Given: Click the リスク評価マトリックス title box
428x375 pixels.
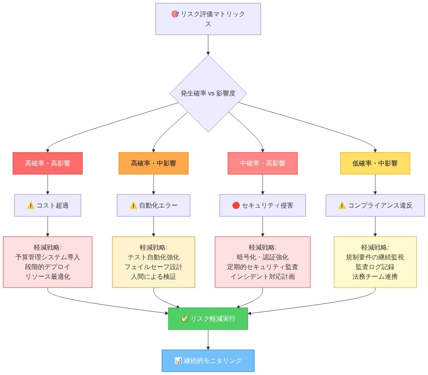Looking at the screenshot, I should pyautogui.click(x=208, y=19).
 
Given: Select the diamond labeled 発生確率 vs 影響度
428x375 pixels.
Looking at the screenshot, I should pyautogui.click(x=208, y=93).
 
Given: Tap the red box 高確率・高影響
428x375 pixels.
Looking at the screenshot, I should pyautogui.click(x=48, y=163).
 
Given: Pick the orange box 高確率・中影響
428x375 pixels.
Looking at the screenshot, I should pyautogui.click(x=154, y=163).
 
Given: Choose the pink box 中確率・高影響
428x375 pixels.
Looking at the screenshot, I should pyautogui.click(x=263, y=163).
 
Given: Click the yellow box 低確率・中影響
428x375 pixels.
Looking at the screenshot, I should pyautogui.click(x=375, y=163).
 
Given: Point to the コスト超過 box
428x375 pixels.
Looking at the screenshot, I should pyautogui.click(x=48, y=206).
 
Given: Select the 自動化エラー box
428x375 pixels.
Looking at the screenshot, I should pyautogui.click(x=154, y=206).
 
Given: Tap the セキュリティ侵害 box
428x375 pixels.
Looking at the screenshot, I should pyautogui.click(x=263, y=206).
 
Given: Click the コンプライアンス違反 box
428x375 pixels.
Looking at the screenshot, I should pyautogui.click(x=375, y=206).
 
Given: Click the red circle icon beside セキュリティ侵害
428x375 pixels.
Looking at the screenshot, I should pyautogui.click(x=236, y=206).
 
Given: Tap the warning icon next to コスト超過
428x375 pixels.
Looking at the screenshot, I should pyautogui.click(x=31, y=206).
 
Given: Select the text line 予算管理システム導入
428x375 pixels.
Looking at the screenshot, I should pyautogui.click(x=48, y=257).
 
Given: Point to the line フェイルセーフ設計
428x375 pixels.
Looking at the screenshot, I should pyautogui.click(x=154, y=267).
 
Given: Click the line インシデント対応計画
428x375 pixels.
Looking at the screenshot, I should pyautogui.click(x=263, y=277).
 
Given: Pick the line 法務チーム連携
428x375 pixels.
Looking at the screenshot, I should pyautogui.click(x=375, y=277).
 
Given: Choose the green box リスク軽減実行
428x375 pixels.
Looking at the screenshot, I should pyautogui.click(x=208, y=319).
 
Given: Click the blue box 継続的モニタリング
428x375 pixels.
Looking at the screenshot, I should pyautogui.click(x=208, y=360).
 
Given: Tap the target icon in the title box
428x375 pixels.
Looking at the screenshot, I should pyautogui.click(x=175, y=14).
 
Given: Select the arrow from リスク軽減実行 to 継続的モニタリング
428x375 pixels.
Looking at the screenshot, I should pyautogui.click(x=208, y=340).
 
